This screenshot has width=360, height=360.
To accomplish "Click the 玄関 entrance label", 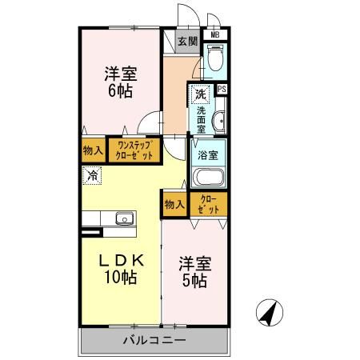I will coord(187,41).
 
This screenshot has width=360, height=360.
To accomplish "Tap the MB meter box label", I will coord(214,35).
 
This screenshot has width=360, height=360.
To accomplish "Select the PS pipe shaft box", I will coord(221,90).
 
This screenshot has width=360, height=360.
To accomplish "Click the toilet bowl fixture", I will coord(215,58).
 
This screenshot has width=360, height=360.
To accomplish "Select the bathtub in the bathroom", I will coord(207,177).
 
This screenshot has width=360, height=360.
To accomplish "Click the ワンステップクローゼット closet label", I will coord(134,150).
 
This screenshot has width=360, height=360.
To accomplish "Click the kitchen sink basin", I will coord(124,218).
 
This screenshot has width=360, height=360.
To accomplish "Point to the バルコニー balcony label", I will coord(154,341).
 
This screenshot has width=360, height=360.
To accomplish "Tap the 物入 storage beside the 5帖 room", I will coord(174,204).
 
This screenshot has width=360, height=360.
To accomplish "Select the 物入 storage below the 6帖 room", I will coord(92,150).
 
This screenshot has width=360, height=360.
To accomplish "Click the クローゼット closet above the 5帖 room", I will coord(207,204).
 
